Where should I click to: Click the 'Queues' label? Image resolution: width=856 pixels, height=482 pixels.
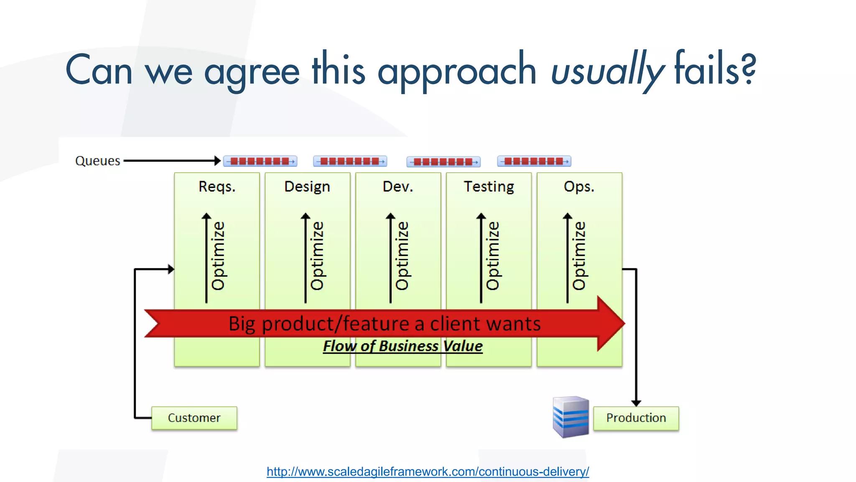[97, 161]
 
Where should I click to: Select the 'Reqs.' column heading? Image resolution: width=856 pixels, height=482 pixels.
[217, 187]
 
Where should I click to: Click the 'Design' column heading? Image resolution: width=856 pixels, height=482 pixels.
[307, 187]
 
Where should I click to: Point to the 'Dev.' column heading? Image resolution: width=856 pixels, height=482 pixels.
[398, 187]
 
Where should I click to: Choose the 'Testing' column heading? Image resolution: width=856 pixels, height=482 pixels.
[489, 187]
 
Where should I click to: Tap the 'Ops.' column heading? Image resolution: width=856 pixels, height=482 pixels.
[579, 187]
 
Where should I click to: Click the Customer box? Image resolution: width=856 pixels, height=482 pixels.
[194, 418]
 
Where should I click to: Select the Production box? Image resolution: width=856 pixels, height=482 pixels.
[636, 418]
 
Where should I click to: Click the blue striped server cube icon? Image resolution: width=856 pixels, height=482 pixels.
[571, 417]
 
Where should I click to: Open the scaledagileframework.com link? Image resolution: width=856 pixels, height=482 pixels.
[428, 472]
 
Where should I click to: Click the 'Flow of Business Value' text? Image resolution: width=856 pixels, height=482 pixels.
[403, 346]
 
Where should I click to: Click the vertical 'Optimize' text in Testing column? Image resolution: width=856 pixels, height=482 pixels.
[493, 256]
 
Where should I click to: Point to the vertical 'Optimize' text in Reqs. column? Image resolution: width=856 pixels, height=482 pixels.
[218, 256]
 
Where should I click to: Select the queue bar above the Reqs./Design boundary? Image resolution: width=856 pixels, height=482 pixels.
[260, 161]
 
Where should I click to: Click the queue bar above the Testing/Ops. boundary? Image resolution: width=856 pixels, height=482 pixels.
[534, 161]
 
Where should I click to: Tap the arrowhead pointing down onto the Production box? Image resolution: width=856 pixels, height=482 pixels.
[636, 403]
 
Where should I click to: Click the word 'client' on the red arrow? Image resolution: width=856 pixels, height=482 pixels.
[455, 324]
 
